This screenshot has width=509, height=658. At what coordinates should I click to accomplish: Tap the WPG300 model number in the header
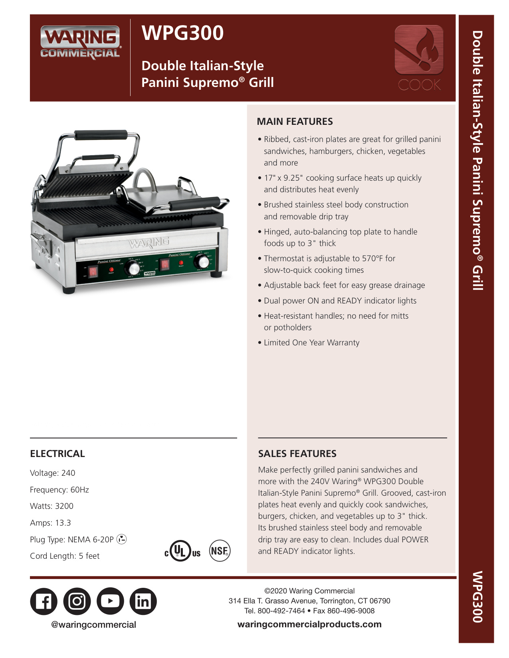coord(182,33)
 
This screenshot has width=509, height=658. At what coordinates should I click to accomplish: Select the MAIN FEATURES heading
coord(295,122)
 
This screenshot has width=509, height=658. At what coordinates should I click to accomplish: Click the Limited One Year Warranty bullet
coord(311,343)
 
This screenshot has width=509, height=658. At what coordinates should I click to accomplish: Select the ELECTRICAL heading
coord(57,454)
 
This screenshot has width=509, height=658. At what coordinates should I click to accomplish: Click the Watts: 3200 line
coord(52,506)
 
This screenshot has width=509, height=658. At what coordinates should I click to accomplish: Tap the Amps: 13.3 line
coord(50,523)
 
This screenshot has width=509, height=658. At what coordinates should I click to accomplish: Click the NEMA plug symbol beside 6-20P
coord(122,539)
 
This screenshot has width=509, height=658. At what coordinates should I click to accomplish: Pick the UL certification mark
coord(182,552)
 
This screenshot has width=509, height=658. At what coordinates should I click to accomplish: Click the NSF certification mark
coord(220,551)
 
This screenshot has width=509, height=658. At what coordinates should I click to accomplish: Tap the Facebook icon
coord(44,601)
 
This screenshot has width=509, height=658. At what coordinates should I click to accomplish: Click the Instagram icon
coord(77,601)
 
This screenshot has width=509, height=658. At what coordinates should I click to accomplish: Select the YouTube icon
coord(110,601)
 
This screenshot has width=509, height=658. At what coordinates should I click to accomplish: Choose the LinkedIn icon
coord(143,601)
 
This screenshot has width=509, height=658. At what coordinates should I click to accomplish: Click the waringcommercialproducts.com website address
coord(309,625)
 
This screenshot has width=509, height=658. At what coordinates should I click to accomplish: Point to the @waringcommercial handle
coord(93,625)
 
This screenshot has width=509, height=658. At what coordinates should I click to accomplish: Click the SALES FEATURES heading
coord(297,454)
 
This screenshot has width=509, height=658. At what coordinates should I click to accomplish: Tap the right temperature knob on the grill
coord(204,262)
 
